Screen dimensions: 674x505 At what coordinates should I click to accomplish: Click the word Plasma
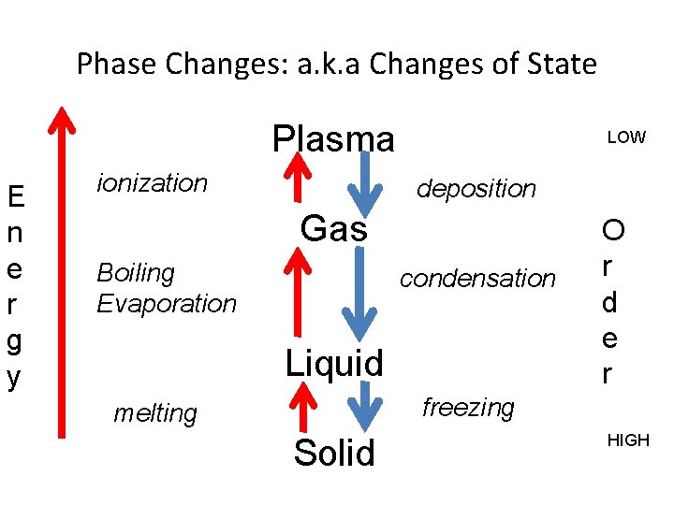point(333,139)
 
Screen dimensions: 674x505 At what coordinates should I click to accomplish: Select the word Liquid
point(334,363)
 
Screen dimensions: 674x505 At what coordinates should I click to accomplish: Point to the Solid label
point(334,453)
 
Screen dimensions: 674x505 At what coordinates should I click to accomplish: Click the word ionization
point(153,183)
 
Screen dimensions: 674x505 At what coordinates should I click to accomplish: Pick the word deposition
point(476,189)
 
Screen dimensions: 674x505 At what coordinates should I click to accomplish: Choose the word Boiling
point(136,273)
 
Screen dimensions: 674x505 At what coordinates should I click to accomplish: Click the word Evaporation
point(167,304)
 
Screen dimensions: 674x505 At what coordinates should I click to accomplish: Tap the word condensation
point(477,279)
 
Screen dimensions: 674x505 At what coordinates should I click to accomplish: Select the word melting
point(155,413)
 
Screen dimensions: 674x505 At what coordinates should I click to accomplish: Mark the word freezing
point(468,408)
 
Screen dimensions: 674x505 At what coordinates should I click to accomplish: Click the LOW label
point(626,137)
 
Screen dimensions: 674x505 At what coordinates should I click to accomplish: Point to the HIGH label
point(628,440)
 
